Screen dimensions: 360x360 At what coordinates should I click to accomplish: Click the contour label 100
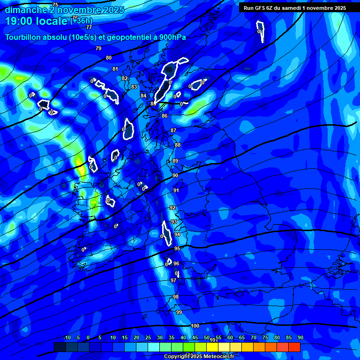pos(195,326)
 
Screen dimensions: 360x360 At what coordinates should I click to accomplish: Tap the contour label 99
pos(179,312)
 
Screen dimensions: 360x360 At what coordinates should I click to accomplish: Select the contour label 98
pos(176,297)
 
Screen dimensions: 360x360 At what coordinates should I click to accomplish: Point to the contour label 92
pos(172,208)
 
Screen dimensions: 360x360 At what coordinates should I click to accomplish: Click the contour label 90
pos(175,175)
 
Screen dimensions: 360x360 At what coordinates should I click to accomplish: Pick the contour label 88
pos(177,145)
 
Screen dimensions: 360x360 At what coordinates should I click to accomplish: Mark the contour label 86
pos(165,116)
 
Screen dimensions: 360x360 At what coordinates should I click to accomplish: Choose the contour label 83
pos(134,87)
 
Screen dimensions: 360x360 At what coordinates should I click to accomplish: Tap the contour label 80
pos(109,58)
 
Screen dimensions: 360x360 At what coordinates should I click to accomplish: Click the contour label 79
pos(98,48)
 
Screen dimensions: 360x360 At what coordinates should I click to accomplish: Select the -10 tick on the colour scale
pos(67,338)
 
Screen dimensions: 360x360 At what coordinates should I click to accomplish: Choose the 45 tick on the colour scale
pos(195,338)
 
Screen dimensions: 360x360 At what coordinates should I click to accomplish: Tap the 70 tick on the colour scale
pos(254,338)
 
